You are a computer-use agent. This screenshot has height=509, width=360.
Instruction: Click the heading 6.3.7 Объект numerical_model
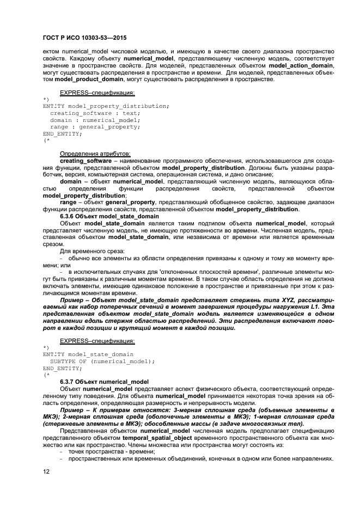point(103,382)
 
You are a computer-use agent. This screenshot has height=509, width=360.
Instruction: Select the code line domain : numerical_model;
point(87,120)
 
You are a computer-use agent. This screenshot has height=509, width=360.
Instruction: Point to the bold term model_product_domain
point(87,79)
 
